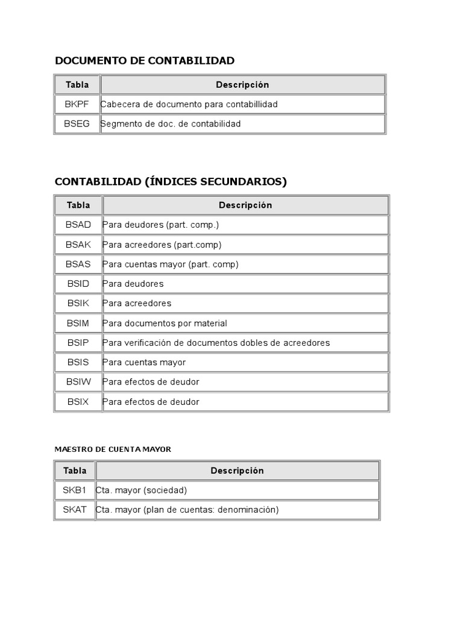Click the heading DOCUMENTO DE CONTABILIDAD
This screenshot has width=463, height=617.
coord(145,60)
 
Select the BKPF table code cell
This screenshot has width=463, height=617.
coord(77,104)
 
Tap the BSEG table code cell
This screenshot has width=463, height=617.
coord(77,124)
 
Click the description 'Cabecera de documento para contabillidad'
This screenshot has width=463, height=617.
coord(189,104)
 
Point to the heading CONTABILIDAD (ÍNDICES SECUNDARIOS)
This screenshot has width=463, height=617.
coord(171,181)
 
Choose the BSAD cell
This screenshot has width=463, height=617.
coord(78,225)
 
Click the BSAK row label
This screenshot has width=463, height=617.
coord(78,245)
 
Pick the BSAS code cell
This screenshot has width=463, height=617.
coord(78,264)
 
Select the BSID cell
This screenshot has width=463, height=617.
coord(78,284)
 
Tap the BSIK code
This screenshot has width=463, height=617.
coord(78,303)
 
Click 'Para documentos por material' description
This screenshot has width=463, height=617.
coord(165,323)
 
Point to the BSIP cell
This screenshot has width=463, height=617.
coord(78,343)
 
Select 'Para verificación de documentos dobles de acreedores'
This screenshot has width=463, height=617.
coord(216,343)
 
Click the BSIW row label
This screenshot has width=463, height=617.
coord(78,382)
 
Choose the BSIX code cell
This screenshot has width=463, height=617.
coord(78,401)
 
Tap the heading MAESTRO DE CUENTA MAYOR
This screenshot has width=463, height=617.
coord(113,449)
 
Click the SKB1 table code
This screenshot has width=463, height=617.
coord(75,490)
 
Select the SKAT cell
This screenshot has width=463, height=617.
coord(75,510)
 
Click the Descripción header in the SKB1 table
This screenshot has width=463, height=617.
coord(237,471)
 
